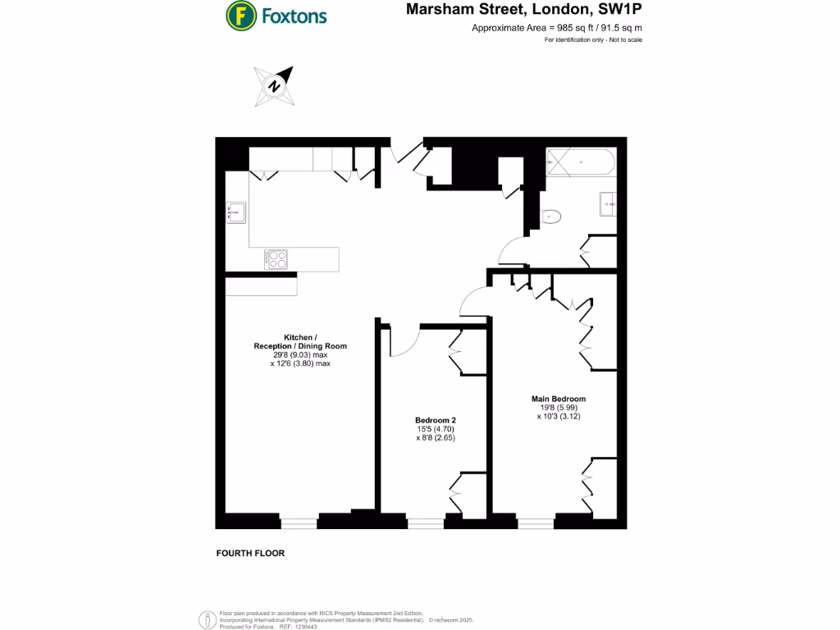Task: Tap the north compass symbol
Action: point(276,84)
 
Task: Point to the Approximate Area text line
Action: point(556,29)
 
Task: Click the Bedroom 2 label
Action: point(435,420)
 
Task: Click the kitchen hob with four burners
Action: point(277,259)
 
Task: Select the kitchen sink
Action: point(236,212)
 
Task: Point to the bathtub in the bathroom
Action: point(580,162)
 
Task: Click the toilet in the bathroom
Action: point(550,217)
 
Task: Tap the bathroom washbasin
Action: point(609,203)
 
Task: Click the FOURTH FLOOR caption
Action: point(250,554)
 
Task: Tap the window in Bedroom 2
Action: point(425,521)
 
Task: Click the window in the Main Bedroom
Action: point(535,521)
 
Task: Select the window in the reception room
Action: point(299,521)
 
